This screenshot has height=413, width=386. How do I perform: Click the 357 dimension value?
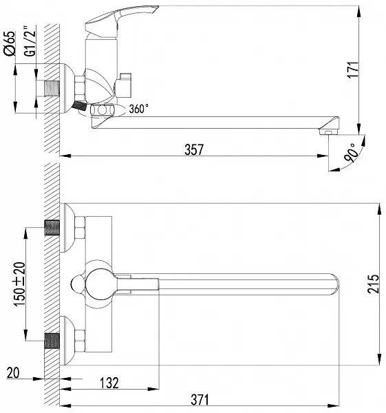coord(194,149)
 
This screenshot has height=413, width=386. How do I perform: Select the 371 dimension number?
coord(200,400)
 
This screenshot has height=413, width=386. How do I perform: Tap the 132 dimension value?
coord(109,383)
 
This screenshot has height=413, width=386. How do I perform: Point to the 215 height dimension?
coord(374,284)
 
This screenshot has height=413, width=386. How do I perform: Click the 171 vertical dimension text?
coord(353,70)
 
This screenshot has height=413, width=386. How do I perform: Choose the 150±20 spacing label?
coord(20,284)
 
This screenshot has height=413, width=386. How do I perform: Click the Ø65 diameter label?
coord(10,43)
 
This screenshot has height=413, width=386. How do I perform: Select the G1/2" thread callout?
coord(30,41)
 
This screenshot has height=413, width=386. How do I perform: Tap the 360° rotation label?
coord(138,109)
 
